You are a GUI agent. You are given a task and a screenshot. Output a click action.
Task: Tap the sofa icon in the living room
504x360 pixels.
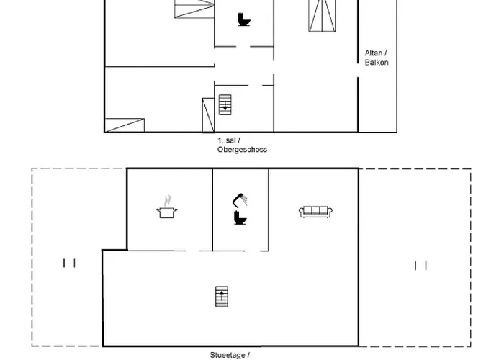[315, 211]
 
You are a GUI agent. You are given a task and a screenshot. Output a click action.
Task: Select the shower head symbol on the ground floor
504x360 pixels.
[240, 199]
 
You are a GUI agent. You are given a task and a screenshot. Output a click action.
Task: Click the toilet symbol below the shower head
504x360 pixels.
[240, 217]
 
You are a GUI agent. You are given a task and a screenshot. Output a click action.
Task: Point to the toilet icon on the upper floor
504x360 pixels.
[244, 19]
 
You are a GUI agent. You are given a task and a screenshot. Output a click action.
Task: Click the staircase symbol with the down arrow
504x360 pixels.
[225, 104]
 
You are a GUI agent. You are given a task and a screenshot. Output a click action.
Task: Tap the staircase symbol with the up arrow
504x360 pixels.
[221, 296]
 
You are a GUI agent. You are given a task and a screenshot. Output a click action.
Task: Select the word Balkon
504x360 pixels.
[377, 63]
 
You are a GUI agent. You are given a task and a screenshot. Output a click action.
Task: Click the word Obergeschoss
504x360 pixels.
[242, 150]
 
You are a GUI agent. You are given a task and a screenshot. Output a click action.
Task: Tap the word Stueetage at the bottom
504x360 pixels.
[227, 355]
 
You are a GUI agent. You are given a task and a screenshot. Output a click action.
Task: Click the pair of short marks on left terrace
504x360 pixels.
[69, 264]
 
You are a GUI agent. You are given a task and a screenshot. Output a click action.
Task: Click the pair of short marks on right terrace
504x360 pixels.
[421, 266]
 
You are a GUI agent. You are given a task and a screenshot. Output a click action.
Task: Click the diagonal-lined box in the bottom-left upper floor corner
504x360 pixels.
[124, 125]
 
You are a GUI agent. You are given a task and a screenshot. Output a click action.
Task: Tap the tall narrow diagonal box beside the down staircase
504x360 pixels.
[208, 115]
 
